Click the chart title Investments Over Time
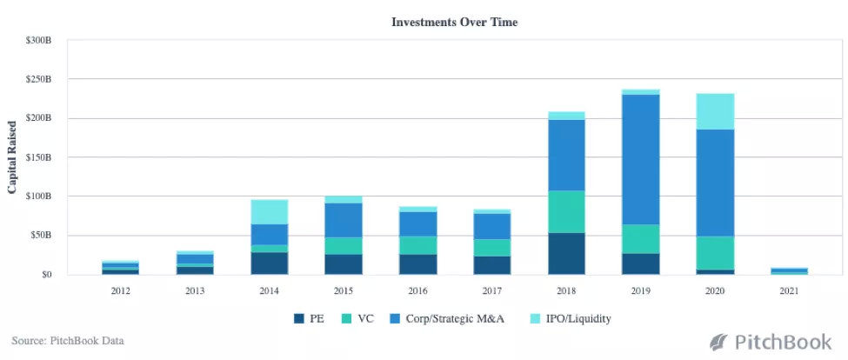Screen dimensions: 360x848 pos(455,22)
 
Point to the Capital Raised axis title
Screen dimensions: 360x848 pos(13,157)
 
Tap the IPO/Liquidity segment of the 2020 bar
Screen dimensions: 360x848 pos(715,111)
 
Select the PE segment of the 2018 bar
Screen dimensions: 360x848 pos(566,253)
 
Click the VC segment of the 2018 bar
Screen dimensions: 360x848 pos(566,211)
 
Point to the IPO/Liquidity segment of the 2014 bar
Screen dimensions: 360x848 pos(269,211)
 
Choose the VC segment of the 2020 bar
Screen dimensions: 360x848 pos(715,252)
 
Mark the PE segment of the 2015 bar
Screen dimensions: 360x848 pos(344,264)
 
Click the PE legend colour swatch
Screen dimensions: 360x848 pos(299,318)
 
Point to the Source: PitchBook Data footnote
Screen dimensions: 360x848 pos(68,341)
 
